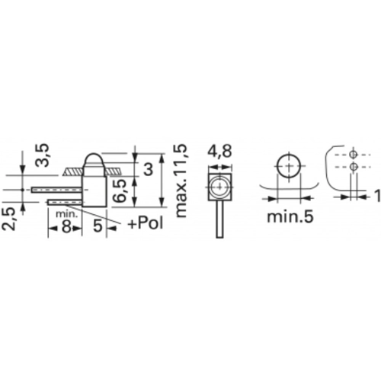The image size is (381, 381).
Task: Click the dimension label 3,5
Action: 42,155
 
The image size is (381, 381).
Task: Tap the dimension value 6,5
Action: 120,190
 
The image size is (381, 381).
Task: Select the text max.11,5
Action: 181,181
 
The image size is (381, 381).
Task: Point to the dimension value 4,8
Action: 220,152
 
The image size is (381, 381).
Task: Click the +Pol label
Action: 146,223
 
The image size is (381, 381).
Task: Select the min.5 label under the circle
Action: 290,216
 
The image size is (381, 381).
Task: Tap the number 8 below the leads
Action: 66,226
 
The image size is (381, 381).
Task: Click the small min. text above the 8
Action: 66,214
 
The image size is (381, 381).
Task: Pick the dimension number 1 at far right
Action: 378,196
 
